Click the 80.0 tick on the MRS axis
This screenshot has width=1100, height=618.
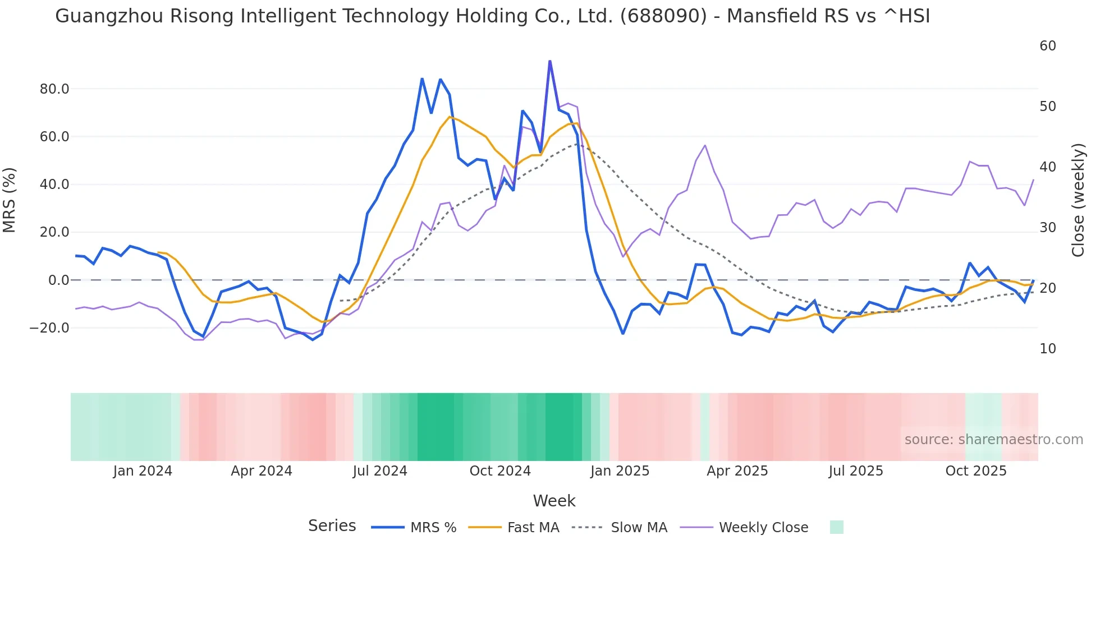pos(54,89)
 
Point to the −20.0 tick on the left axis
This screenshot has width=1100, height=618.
pos(49,328)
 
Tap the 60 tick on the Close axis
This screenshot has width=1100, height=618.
pos(1047,46)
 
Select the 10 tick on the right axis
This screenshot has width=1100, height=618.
pos(1047,349)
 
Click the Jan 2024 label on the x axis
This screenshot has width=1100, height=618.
pos(143,471)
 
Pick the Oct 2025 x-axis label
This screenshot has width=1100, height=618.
pos(975,471)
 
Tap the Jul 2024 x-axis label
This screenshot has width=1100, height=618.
pos(379,471)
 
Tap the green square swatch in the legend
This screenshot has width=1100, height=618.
pos(836,527)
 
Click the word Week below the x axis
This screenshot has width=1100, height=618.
pos(554,501)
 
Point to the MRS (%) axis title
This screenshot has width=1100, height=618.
pos(10,200)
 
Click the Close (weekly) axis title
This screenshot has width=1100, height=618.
pos(1078,200)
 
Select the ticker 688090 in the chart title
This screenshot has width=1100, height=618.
pos(663,16)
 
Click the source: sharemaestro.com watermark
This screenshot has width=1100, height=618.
pos(993,440)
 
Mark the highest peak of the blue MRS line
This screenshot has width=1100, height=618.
pos(549,61)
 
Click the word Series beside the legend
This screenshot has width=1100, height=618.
pos(332,526)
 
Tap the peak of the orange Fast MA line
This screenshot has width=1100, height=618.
pos(450,117)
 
